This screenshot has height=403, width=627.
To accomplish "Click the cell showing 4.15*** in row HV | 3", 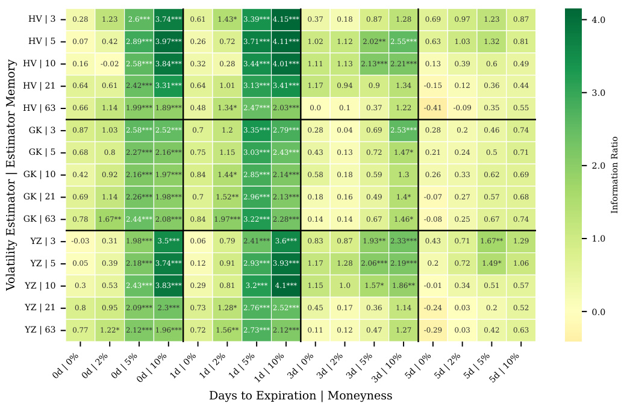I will click(x=285, y=19).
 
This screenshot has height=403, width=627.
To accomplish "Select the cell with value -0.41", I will click(x=432, y=108).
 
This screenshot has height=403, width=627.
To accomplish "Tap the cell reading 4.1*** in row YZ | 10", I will click(x=285, y=286).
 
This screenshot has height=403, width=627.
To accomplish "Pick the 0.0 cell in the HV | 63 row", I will click(x=315, y=108).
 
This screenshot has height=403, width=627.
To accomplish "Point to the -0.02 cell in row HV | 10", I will click(x=109, y=64).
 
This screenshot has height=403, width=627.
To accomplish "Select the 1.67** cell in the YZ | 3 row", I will click(x=491, y=241).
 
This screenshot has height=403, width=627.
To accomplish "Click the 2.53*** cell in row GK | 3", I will click(x=403, y=130).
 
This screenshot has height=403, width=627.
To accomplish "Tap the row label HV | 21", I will click(x=42, y=86).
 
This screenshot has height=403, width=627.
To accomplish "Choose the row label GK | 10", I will click(x=41, y=175).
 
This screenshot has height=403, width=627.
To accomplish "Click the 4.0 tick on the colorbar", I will click(x=597, y=20).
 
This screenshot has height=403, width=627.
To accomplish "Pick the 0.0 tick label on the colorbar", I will click(x=597, y=312).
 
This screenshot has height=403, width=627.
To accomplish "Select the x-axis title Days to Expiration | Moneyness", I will click(x=301, y=396).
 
